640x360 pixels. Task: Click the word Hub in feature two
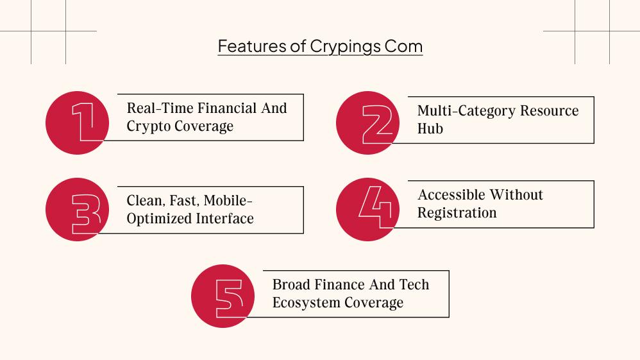(x=430, y=128)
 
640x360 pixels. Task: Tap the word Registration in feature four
(x=457, y=212)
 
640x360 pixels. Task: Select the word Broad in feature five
(x=292, y=284)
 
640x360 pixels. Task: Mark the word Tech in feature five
(x=414, y=284)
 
